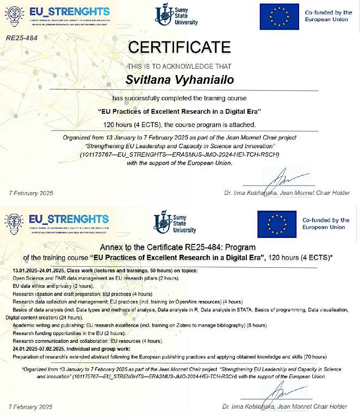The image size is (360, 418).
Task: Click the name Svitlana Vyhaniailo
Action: click(x=179, y=80)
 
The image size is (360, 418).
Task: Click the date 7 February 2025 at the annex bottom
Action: click(x=30, y=407)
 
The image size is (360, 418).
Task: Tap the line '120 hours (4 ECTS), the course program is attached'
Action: click(x=179, y=124)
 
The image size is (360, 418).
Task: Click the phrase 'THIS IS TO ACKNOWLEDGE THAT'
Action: click(x=179, y=66)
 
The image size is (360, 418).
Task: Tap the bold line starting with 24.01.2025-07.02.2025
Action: click(x=71, y=349)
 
